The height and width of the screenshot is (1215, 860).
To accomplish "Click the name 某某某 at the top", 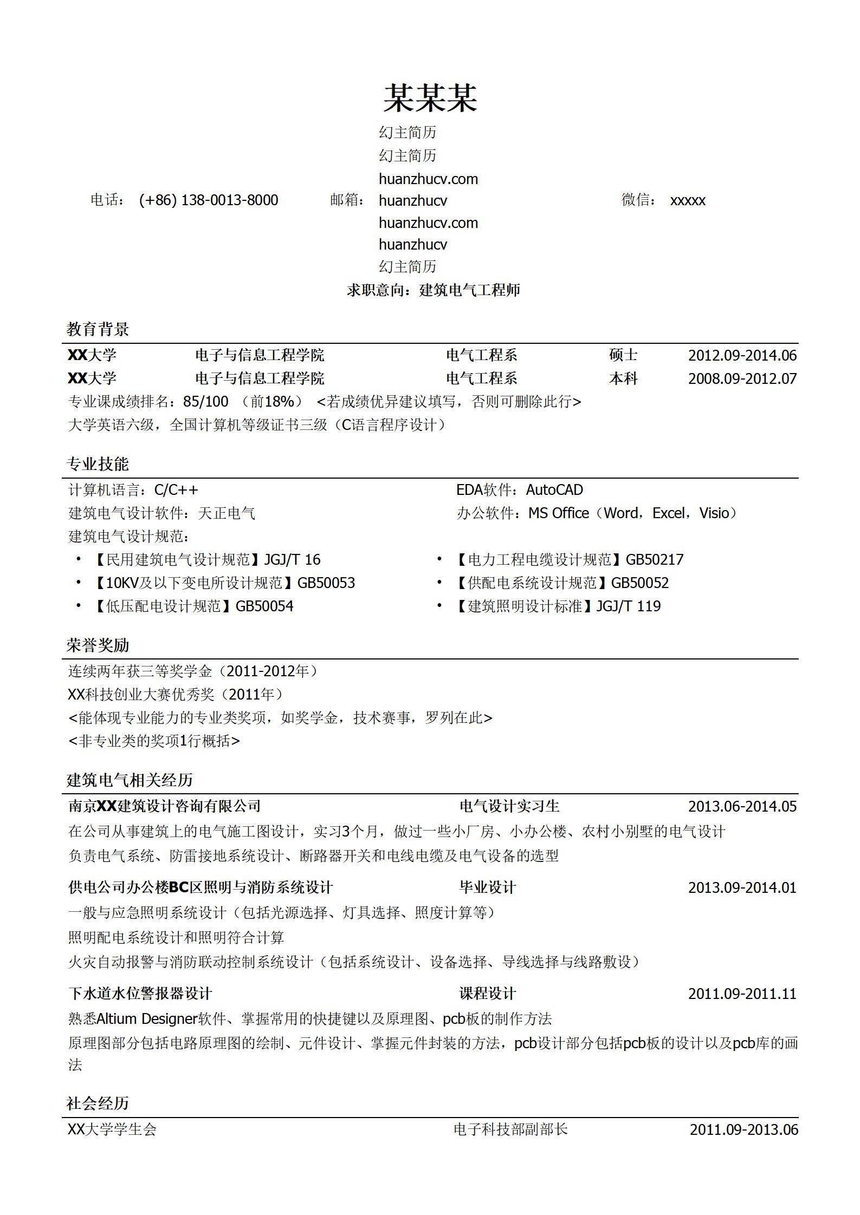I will click(430, 99).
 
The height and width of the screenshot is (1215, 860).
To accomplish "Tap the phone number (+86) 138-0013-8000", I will click(209, 200).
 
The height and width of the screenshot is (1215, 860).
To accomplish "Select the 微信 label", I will click(636, 200).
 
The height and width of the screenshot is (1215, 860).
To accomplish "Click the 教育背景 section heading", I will click(98, 329).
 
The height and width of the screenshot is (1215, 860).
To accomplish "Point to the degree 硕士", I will click(623, 355).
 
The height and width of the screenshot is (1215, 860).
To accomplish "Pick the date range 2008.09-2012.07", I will click(742, 378).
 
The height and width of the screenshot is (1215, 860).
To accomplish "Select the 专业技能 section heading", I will click(98, 464).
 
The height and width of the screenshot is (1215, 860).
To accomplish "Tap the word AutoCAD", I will click(554, 490).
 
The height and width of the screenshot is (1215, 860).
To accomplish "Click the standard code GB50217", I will click(655, 559).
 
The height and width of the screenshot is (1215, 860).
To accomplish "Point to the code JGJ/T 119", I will click(629, 606).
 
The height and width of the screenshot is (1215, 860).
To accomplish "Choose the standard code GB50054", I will click(264, 606).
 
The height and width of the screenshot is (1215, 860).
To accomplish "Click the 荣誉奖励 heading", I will click(98, 645).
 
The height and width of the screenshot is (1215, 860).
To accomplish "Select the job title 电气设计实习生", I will click(509, 806).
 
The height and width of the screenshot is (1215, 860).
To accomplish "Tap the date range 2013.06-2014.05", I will click(742, 807).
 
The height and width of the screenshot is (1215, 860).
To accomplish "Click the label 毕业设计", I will click(488, 887).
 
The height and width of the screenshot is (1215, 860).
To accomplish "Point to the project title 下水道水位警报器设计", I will click(140, 994).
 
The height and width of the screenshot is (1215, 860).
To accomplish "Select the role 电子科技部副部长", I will click(511, 1129).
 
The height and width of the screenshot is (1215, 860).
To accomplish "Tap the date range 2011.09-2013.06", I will click(743, 1130).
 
